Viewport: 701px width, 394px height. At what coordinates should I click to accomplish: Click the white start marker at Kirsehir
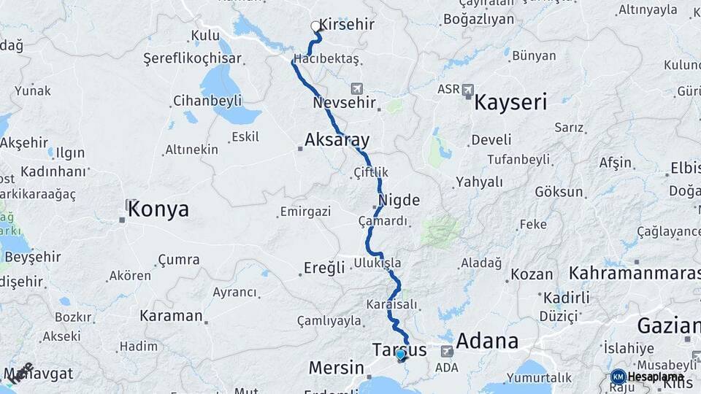pos(315,26)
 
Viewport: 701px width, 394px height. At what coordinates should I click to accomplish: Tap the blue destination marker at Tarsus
pos(400,355)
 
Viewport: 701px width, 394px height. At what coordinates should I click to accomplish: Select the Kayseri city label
pos(510,102)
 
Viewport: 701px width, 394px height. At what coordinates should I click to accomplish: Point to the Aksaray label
pos(337,139)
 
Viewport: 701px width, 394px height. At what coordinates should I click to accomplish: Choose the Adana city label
pos(487,341)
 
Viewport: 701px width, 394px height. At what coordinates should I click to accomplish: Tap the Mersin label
pos(336,367)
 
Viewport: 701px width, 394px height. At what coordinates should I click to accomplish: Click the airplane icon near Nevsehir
pos(356,88)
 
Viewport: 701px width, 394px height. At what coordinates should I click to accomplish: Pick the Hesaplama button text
pos(655,376)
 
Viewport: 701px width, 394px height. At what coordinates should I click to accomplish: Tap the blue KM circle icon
pos(618,376)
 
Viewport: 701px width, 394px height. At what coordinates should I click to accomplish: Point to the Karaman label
pos(171,316)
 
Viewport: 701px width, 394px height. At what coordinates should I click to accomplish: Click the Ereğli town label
pos(326,268)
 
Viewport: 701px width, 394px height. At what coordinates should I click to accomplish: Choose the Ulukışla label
pos(378,262)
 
